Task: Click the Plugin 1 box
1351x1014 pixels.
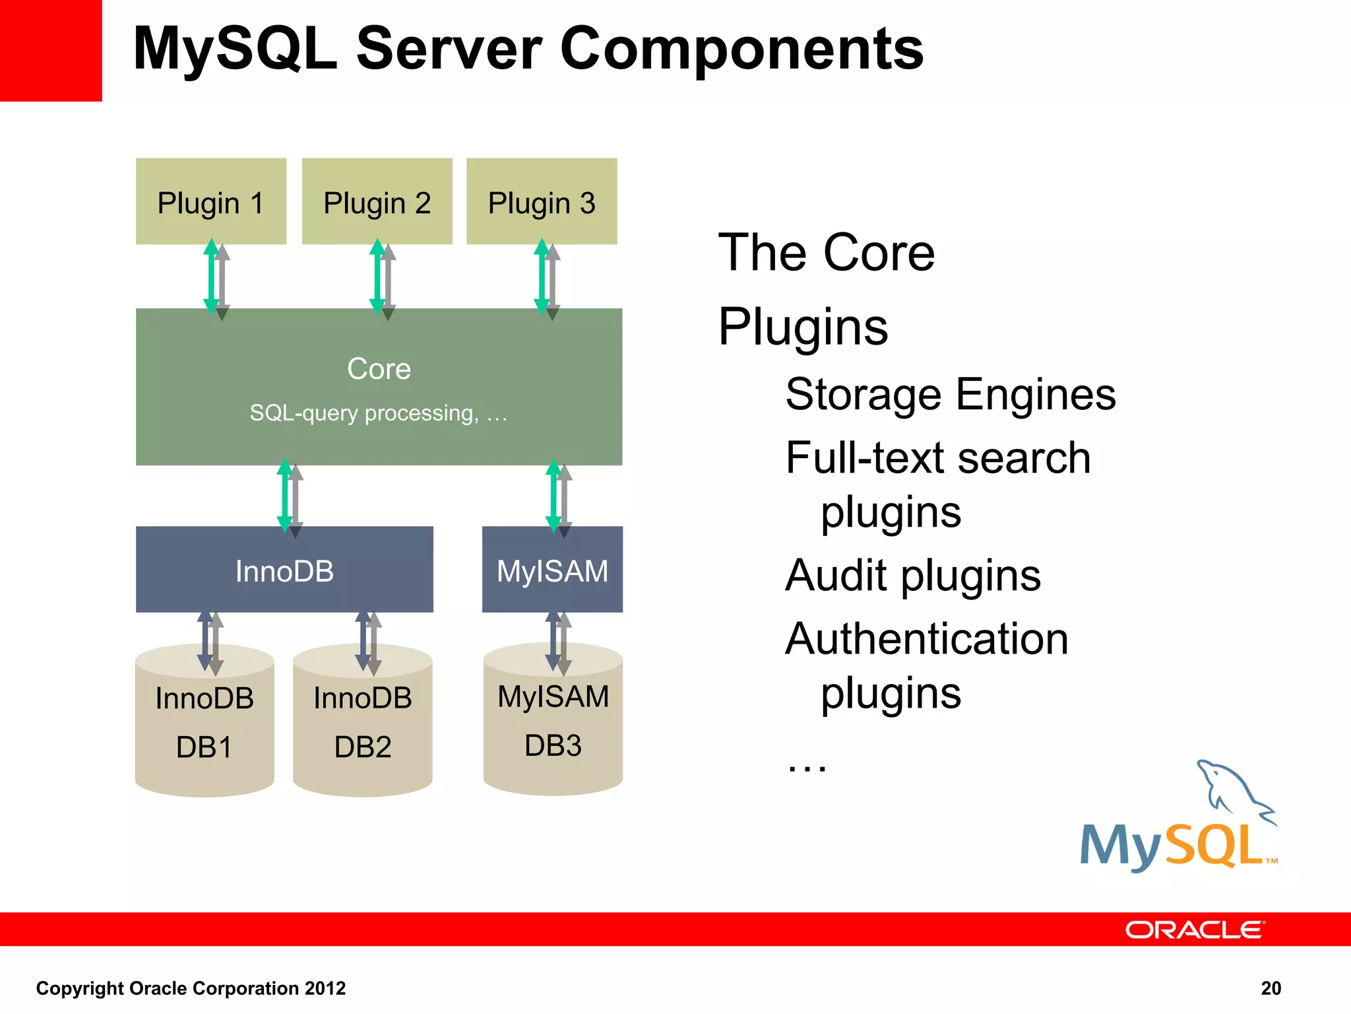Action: (x=211, y=201)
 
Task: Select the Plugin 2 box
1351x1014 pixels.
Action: (x=377, y=201)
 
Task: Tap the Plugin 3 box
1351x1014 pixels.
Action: (x=542, y=201)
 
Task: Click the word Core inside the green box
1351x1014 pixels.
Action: (x=379, y=368)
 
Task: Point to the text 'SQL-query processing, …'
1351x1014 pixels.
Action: (x=379, y=413)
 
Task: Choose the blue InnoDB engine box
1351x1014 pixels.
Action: (x=284, y=570)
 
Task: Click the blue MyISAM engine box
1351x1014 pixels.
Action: (x=552, y=570)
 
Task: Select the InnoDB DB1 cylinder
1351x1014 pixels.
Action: (x=204, y=726)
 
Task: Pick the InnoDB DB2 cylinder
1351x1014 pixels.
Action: (x=363, y=726)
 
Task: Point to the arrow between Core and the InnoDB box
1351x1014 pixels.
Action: (x=290, y=496)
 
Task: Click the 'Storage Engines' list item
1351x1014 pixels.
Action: (x=951, y=395)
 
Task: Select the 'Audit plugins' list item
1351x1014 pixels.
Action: (x=913, y=576)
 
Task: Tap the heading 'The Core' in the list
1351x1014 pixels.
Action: (x=827, y=253)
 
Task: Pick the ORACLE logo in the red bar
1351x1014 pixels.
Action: (x=1195, y=929)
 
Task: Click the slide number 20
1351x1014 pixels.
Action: (x=1271, y=988)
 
